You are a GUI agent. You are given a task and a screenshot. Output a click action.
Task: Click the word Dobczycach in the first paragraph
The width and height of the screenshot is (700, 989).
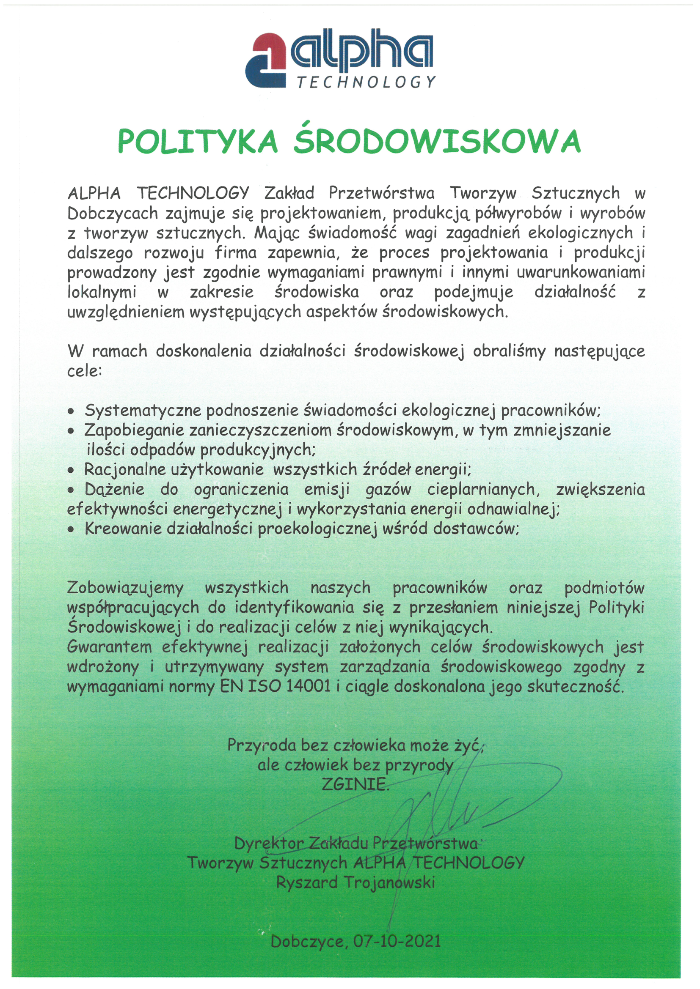click(x=107, y=213)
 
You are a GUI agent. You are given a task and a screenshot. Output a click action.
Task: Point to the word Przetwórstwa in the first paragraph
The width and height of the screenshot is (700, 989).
click(x=381, y=193)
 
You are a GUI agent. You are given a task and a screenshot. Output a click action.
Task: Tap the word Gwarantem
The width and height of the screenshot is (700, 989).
click(x=110, y=647)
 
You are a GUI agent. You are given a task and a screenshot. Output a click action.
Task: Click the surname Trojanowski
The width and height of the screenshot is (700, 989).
click(x=389, y=882)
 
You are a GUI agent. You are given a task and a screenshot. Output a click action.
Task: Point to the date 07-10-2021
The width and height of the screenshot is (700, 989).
click(x=397, y=941)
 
